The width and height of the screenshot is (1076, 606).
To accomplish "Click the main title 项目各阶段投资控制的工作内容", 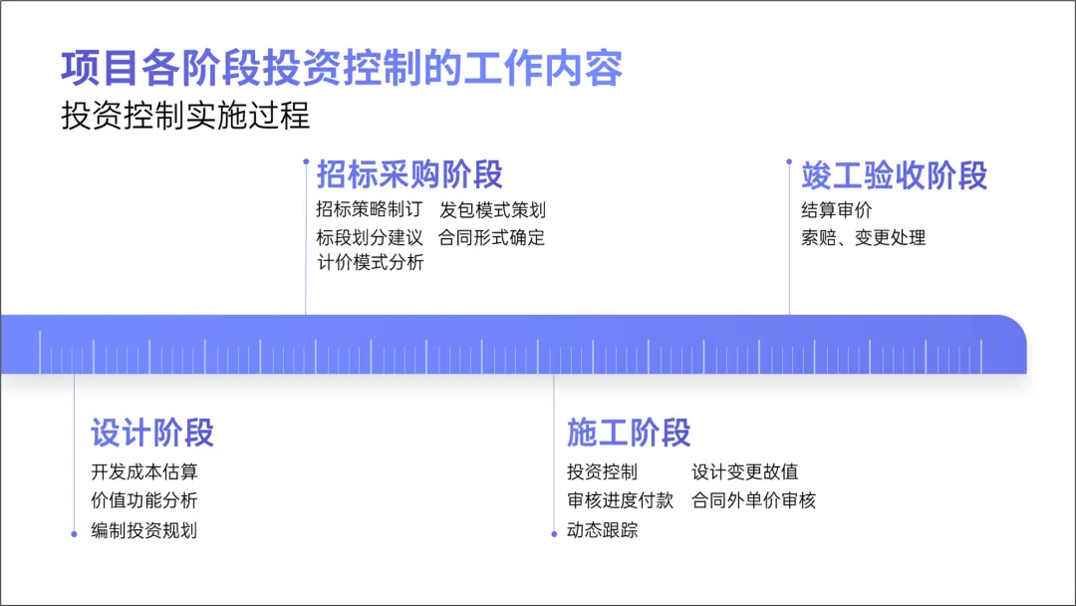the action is click(342, 69).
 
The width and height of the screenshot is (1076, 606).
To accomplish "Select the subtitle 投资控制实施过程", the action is click(185, 116).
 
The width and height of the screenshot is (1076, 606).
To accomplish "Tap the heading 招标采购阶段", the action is click(409, 175).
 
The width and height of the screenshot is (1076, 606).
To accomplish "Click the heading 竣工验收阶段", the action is click(894, 175).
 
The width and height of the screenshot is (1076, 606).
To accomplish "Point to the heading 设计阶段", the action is click(152, 433).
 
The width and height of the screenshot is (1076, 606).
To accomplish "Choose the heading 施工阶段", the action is click(629, 433).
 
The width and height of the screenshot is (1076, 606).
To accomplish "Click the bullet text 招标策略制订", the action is click(370, 210).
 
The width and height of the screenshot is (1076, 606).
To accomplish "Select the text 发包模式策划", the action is click(492, 210).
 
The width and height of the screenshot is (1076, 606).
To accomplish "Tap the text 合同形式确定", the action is click(492, 238).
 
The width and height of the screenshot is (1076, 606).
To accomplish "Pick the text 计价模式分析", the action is click(370, 263).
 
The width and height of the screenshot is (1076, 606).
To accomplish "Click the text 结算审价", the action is click(836, 210).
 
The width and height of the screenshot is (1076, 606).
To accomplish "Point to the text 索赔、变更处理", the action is click(863, 238).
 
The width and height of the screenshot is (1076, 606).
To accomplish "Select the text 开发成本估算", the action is click(143, 472).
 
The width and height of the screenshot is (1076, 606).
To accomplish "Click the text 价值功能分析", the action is click(143, 500).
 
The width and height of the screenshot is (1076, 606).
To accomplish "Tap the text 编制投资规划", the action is click(143, 530).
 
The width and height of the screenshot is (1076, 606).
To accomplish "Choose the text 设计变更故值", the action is click(745, 472).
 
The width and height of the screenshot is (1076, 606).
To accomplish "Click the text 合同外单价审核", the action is click(754, 500).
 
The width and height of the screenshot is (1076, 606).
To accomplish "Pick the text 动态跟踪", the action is click(603, 530).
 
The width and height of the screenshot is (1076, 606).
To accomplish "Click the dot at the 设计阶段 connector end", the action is click(74, 534).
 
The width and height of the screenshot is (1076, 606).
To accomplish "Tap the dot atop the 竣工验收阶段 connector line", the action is click(789, 160).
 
